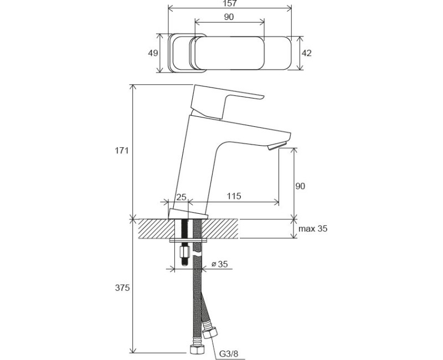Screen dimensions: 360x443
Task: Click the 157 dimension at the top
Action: [229, 4]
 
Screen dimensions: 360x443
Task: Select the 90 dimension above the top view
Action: [229, 17]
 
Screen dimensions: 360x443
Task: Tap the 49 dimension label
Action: [154, 53]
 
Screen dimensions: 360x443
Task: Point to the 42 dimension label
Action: [307, 53]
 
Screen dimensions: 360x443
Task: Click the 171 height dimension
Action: [122, 151]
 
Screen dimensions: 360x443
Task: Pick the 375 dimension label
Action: [122, 287]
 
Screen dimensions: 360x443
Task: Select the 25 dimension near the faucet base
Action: [181, 197]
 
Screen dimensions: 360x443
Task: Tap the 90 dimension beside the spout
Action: [300, 186]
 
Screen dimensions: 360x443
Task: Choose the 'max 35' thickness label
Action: [313, 229]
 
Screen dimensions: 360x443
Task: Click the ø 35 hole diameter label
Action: [220, 265]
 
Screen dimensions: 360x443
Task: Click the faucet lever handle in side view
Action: [221, 100]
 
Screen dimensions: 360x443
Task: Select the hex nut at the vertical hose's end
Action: [195, 349]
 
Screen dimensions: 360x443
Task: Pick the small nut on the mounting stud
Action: [184, 256]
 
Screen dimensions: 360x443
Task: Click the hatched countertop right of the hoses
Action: [221, 228]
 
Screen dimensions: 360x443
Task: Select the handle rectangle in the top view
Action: [227, 53]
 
